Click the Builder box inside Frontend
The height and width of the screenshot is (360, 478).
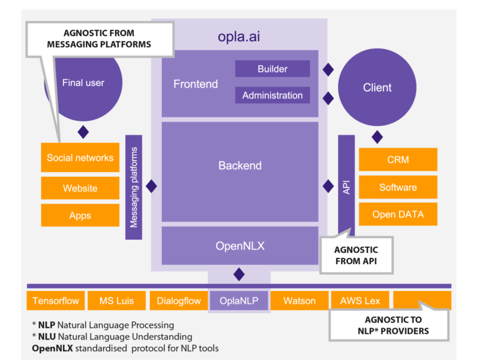tap(272, 69)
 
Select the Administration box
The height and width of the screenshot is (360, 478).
tap(272, 95)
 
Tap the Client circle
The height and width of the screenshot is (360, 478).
tap(377, 87)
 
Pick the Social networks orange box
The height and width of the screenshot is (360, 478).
tap(80, 158)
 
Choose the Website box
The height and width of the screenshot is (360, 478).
tap(80, 188)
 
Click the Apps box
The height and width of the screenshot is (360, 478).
tap(80, 216)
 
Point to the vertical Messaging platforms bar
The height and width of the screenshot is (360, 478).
tap(134, 187)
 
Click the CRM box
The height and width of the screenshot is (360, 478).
tap(398, 159)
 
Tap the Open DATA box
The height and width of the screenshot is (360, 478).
tap(398, 214)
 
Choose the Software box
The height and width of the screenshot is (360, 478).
tap(398, 187)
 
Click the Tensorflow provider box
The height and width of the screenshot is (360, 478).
tap(55, 301)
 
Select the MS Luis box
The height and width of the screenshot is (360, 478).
tap(116, 301)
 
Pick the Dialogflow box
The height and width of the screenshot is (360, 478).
tap(179, 301)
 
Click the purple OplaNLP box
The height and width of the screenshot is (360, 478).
tap(239, 301)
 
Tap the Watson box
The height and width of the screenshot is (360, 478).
tap(299, 301)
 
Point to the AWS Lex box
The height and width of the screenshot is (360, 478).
tap(360, 301)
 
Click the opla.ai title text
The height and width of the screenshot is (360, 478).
tap(239, 37)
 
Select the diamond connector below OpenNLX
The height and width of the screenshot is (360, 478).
tap(239, 275)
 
